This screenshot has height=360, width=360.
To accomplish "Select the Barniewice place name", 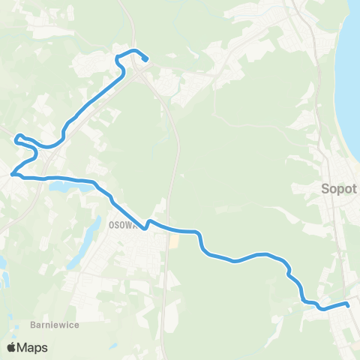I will click(55, 325).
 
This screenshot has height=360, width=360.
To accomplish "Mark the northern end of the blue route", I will click(145, 59).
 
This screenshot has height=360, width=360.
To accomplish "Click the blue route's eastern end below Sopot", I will click(348, 304).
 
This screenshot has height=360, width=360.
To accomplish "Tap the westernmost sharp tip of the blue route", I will click(11, 175).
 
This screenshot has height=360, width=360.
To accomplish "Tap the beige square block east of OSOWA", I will click(174, 241).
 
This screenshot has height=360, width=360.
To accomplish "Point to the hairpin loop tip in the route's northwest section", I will click(17, 137).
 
